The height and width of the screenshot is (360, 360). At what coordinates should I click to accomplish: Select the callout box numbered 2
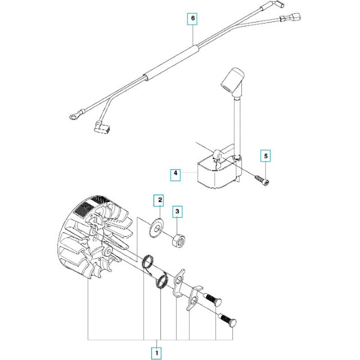(160, 198)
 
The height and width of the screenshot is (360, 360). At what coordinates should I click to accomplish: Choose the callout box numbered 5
(265, 156)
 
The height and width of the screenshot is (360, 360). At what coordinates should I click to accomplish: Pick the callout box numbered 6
(193, 18)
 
